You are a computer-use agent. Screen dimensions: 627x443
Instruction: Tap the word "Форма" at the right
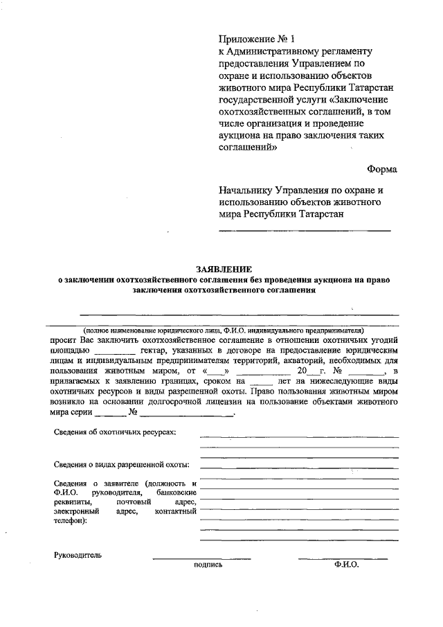(381, 169)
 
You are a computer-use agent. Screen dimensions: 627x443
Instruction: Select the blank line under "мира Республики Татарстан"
(305, 229)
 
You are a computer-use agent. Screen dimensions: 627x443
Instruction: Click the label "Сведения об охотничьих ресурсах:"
(115, 432)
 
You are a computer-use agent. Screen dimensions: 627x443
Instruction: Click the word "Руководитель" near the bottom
(78, 555)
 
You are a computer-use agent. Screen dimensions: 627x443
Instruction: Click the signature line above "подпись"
(201, 558)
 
